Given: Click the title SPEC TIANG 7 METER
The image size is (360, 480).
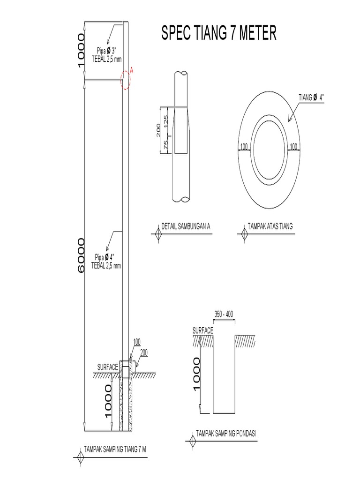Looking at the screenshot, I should click(218, 34).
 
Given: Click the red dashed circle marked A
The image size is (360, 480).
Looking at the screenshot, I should click(125, 80).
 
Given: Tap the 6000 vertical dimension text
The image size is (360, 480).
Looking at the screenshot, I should click(81, 256).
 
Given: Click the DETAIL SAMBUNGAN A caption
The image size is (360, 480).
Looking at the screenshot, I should click(186, 226).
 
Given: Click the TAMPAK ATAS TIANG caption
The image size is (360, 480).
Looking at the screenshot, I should click(271, 226).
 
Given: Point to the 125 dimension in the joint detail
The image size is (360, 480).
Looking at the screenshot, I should click(165, 120).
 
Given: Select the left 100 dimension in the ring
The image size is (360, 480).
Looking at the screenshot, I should click(244, 147).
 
